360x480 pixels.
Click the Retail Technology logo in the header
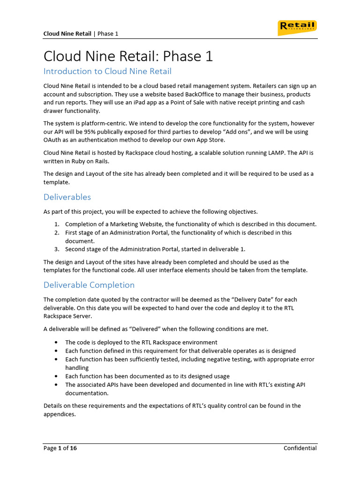pyautogui.click(x=297, y=28)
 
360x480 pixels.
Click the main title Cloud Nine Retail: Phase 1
pyautogui.click(x=128, y=56)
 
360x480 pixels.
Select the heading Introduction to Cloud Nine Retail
pyautogui.click(x=107, y=71)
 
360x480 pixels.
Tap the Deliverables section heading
pyautogui.click(x=67, y=197)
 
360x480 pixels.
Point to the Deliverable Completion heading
pyautogui.click(x=89, y=285)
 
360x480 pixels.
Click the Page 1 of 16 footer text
pyautogui.click(x=60, y=448)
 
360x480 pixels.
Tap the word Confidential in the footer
pyautogui.click(x=300, y=448)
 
